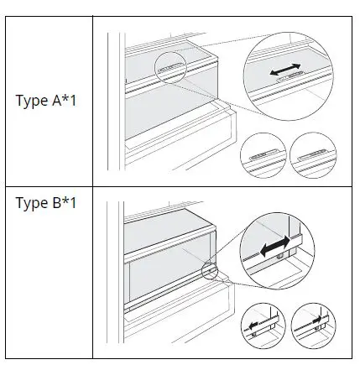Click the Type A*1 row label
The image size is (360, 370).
pyautogui.click(x=47, y=101)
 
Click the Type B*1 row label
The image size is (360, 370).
pyautogui.click(x=47, y=203)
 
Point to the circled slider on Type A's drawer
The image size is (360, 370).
pyautogui.click(x=171, y=70)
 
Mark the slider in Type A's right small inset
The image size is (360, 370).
pyautogui.click(x=313, y=154)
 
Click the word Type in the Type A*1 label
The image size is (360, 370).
pyautogui.click(x=32, y=102)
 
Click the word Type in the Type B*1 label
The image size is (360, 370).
pyautogui.click(x=32, y=204)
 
